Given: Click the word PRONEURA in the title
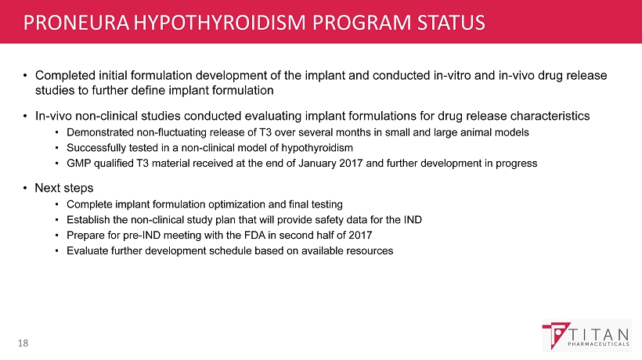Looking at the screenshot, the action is pyautogui.click(x=77, y=23).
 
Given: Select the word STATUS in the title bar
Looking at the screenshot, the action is pyautogui.click(x=451, y=23).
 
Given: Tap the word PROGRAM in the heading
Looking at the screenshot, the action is pyautogui.click(x=362, y=23).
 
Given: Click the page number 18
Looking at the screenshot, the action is pyautogui.click(x=23, y=344).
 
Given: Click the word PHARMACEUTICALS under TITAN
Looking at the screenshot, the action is pyautogui.click(x=599, y=344).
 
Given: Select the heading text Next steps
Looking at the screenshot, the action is pyautogui.click(x=64, y=188).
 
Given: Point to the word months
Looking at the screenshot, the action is pyautogui.click(x=353, y=132).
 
